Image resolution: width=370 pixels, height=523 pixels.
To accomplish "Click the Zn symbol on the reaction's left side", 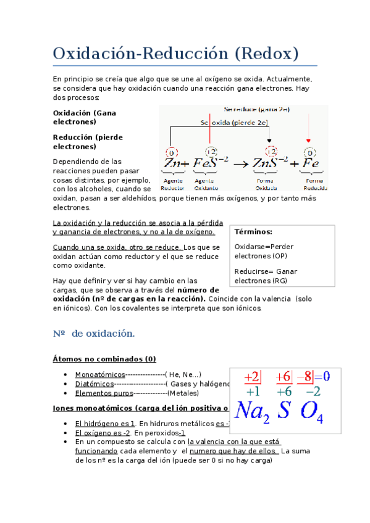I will click(172, 163).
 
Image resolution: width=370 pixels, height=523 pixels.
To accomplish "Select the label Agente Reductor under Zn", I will click(172, 184).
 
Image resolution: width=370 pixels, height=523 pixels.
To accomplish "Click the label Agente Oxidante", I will click(206, 184).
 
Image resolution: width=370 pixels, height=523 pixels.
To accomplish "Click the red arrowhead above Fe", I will click(309, 140).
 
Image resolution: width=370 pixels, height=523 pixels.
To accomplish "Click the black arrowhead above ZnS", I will click(269, 140).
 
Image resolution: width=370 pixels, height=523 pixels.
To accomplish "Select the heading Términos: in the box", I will click(253, 232).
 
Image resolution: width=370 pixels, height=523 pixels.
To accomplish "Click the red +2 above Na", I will click(253, 376).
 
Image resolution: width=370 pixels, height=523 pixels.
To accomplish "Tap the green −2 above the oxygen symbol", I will click(313, 391).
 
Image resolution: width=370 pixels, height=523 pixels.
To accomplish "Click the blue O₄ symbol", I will click(312, 411).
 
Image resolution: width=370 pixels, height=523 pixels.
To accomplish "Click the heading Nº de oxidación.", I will click(94, 334).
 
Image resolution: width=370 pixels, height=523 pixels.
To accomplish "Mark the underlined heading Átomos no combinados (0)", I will click(104, 359).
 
